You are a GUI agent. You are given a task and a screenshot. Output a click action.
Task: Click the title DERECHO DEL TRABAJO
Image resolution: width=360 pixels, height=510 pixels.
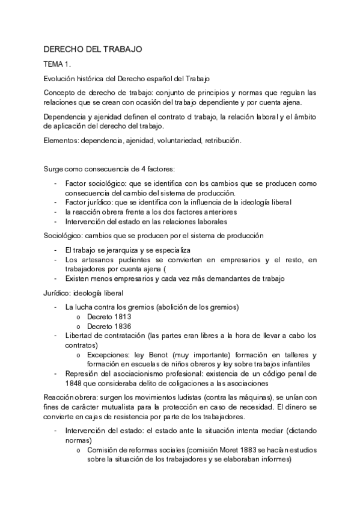coord(93,49)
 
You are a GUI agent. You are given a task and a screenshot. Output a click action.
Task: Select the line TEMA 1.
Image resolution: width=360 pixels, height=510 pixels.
coord(58,64)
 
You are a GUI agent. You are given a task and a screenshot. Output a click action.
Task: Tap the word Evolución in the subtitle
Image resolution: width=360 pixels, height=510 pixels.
coord(61,79)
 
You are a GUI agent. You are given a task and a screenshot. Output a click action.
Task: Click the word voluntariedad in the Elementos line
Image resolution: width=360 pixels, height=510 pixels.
coord(170,140)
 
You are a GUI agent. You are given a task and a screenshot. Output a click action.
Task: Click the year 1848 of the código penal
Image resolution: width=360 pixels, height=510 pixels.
coord(76,383)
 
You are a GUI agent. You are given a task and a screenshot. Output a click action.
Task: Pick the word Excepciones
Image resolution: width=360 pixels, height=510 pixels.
coord(111,355)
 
